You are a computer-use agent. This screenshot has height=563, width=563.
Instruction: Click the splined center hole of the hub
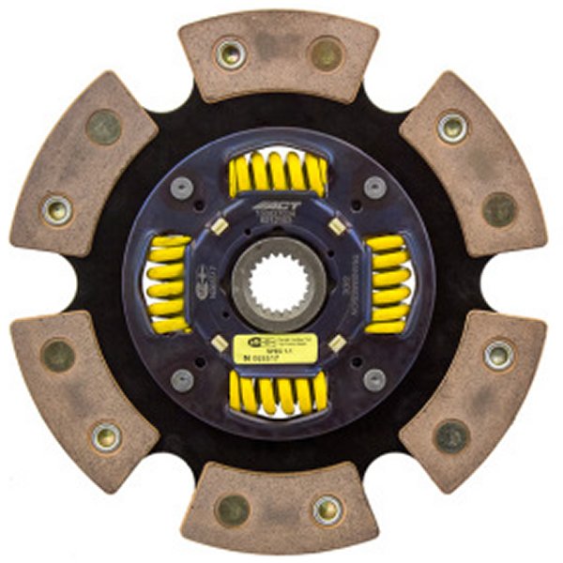(x=282, y=282)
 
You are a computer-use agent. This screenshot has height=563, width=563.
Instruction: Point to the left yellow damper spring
(x=169, y=283)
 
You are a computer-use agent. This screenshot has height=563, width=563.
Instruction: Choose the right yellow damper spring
(x=386, y=283)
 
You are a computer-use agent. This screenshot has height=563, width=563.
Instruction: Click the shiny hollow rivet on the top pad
(x=230, y=53)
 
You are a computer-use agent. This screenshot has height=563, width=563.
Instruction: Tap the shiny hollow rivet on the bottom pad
(x=327, y=510)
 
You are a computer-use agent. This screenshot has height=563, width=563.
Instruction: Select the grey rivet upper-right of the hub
(x=375, y=186)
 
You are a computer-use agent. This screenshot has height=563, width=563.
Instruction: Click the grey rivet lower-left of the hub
(x=184, y=379)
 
